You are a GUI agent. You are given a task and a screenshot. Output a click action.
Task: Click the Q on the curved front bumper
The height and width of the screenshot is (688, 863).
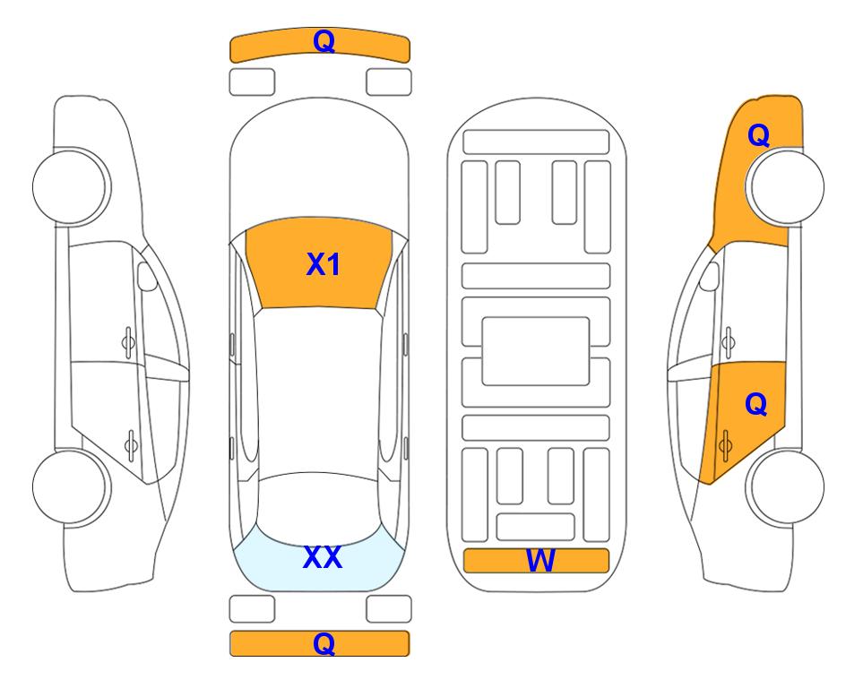[324, 40]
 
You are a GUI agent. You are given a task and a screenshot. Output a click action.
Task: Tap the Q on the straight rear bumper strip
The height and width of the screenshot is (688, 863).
[324, 643]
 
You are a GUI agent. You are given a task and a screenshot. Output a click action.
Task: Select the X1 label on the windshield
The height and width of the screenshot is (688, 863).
[324, 264]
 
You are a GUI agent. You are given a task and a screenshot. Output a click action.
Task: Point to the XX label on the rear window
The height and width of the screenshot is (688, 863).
[323, 557]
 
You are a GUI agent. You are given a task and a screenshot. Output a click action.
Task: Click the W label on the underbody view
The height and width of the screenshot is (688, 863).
[540, 561]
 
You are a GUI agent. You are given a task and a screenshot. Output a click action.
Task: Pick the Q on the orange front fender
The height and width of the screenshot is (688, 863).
[758, 135]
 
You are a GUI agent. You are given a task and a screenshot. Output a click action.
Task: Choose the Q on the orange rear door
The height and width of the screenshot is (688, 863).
[755, 405]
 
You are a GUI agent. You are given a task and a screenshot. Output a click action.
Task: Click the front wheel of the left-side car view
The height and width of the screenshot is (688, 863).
[71, 186]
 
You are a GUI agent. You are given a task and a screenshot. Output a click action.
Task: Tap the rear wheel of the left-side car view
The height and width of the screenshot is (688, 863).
[71, 487]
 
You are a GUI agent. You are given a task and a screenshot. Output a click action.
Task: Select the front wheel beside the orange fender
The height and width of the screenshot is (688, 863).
[786, 186]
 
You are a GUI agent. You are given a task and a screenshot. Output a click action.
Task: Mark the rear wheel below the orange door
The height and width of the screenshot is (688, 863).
[786, 487]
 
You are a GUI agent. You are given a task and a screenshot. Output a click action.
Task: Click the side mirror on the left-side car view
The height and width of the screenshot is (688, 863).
[147, 276]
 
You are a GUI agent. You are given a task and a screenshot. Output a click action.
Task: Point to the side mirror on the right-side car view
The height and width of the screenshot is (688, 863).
[710, 276]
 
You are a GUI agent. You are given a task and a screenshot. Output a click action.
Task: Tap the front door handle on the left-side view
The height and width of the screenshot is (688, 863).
[128, 342]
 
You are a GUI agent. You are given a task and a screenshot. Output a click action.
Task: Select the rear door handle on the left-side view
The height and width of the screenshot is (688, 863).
[131, 444]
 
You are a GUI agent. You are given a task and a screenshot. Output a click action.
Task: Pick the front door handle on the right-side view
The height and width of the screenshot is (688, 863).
[729, 342]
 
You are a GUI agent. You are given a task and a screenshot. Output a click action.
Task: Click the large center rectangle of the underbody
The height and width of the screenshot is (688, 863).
[536, 351]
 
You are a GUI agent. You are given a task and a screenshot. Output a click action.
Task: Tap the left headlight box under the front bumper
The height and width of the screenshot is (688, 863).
[252, 82]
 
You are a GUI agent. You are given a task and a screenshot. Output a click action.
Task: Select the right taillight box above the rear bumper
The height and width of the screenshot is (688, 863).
[389, 609]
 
